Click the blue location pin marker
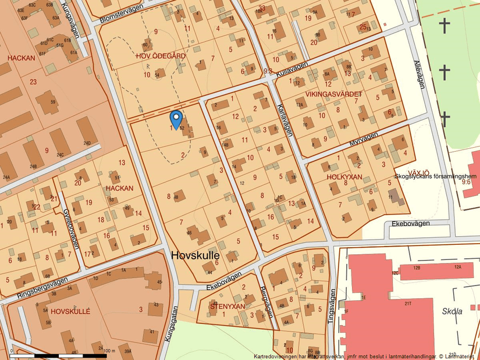175,118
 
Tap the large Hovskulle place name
195,255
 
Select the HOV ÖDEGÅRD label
160,56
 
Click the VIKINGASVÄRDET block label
333,94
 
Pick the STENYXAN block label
227,306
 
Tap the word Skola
451,311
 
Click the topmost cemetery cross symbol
445,26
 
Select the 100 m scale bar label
108,351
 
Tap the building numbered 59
53,102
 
